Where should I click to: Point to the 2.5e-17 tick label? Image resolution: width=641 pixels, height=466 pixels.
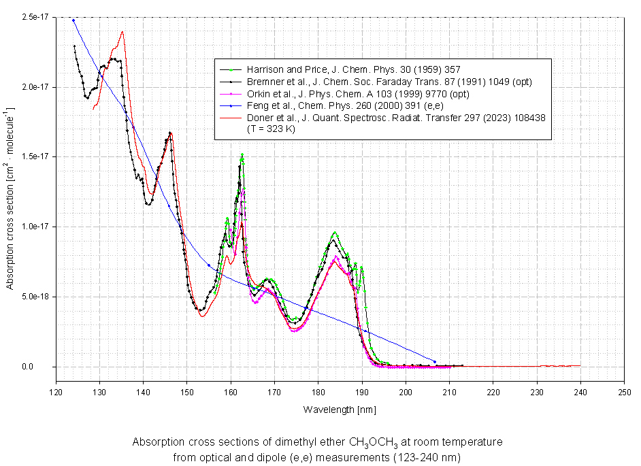click(36, 17)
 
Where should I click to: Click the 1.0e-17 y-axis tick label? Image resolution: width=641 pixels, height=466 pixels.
click(36, 227)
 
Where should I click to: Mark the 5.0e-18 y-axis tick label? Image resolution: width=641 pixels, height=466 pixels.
click(36, 297)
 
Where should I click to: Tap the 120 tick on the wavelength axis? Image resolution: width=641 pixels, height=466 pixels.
click(56, 393)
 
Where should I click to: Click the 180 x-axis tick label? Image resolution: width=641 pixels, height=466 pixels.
click(318, 393)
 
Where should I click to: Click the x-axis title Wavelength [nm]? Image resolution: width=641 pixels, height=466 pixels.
click(340, 410)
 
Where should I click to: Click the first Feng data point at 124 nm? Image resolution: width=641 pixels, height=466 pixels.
click(73, 20)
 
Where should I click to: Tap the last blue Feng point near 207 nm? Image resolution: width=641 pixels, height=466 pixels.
click(435, 361)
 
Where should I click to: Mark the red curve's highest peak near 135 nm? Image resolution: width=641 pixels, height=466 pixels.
click(122, 31)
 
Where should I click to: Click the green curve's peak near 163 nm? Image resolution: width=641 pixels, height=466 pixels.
click(242, 155)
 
